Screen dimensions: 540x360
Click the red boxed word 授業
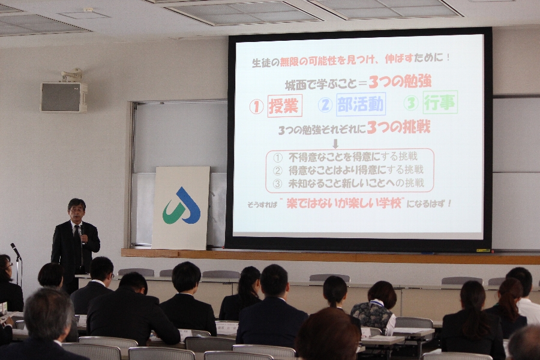284,106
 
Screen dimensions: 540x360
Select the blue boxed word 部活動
361,104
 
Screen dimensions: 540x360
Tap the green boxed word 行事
440,102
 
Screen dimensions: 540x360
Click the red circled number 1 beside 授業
256,107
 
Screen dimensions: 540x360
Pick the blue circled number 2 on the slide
325,105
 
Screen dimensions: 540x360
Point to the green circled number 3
411,103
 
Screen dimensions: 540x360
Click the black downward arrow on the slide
335,143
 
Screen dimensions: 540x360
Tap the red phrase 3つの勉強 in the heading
400,82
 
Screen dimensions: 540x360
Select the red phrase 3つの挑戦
398,127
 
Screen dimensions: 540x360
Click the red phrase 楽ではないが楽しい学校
344,203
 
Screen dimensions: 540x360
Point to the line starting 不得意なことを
346,157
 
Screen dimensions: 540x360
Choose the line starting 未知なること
349,183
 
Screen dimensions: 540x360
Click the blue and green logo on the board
181,206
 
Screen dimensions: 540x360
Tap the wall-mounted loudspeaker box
64,97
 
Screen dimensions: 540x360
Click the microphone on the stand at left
16,251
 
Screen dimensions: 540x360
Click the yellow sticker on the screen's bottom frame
483,250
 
